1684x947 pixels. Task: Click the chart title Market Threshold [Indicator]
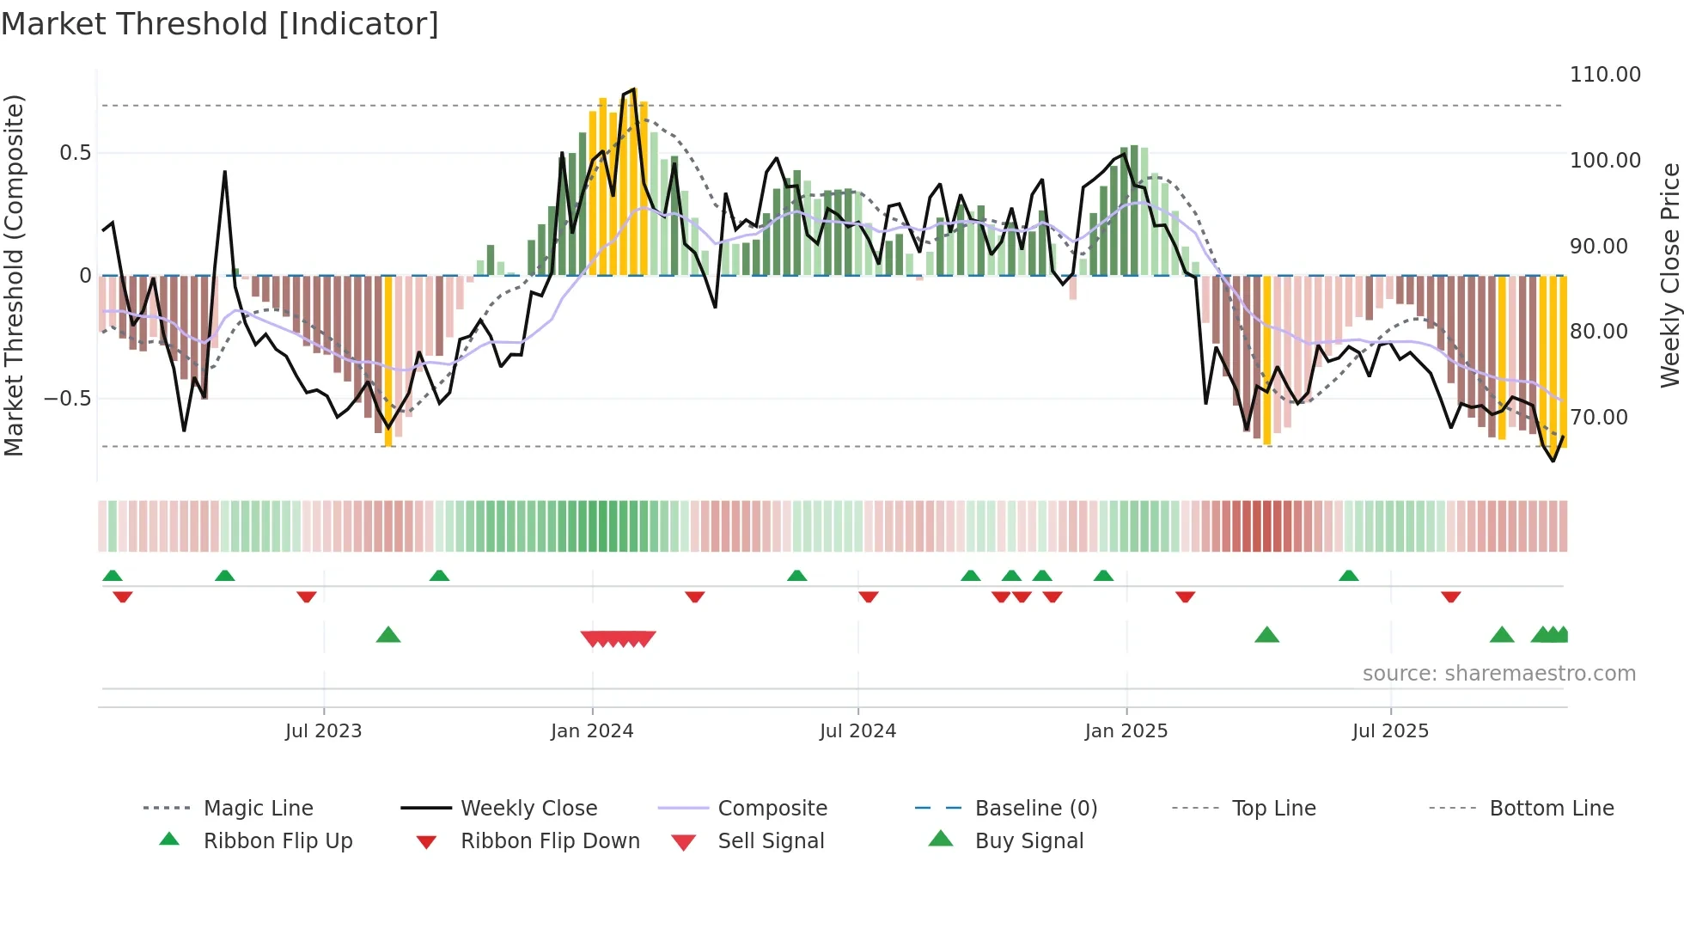click(220, 24)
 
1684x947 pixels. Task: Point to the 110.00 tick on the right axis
click(1604, 75)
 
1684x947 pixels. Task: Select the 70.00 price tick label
click(1598, 418)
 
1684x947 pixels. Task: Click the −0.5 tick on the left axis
click(67, 399)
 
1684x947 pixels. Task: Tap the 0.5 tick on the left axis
click(75, 153)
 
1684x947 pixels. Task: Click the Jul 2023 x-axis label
click(323, 731)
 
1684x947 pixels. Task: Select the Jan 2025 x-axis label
click(1126, 731)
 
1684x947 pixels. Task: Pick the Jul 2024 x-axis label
click(857, 731)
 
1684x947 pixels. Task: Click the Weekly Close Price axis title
click(1669, 275)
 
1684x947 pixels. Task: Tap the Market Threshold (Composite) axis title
click(14, 275)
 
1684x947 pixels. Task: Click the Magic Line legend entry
click(258, 809)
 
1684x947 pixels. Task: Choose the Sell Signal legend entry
click(771, 841)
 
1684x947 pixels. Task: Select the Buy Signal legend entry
click(1028, 841)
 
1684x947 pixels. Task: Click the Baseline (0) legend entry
click(1035, 809)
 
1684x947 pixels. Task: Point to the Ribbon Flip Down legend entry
click(550, 841)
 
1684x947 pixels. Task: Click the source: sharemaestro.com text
click(1498, 674)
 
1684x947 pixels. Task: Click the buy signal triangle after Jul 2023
click(388, 635)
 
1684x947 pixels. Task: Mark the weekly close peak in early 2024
click(633, 89)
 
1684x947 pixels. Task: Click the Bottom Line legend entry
click(1551, 809)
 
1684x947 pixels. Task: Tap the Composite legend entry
click(772, 809)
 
